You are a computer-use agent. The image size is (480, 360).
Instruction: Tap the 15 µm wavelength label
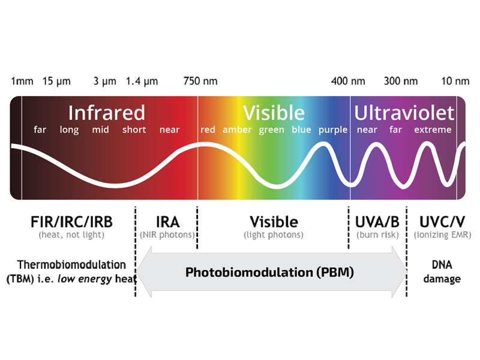point(57,81)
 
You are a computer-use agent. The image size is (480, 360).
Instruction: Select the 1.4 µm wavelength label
point(142,81)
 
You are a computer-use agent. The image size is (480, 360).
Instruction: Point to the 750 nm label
point(200,81)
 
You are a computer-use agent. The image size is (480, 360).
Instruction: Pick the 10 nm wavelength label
point(455,81)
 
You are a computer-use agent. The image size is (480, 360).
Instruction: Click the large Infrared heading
point(106,113)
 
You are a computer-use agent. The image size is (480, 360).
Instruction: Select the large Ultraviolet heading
point(404,113)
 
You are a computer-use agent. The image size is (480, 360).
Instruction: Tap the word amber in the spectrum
point(237,130)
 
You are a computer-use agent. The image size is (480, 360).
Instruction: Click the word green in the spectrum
point(272,130)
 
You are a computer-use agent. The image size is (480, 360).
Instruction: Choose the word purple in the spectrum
point(332,130)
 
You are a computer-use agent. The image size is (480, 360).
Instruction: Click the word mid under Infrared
point(100,130)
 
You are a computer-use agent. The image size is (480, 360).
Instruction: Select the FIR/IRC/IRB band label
point(71,221)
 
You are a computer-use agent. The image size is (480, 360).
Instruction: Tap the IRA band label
point(167,221)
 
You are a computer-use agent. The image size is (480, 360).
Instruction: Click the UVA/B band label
point(377,221)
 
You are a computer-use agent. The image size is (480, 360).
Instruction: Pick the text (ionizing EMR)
point(442,235)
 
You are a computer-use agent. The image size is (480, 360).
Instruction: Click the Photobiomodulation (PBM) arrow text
point(269,272)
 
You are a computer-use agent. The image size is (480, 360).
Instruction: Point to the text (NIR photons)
point(167,235)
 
